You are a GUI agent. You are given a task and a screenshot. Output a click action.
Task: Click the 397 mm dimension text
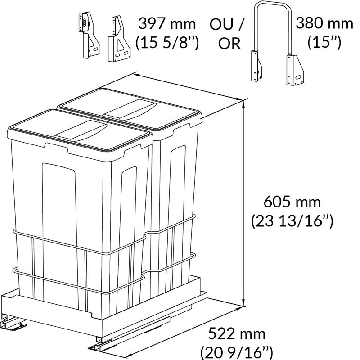pos(167,24)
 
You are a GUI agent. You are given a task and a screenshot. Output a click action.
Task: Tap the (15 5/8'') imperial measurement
pos(167,43)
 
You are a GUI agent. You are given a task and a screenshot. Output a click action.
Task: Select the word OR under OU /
pos(229,43)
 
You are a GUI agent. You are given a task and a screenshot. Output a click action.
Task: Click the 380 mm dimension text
pos(324,23)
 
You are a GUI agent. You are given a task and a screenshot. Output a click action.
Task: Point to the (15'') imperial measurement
pos(324,42)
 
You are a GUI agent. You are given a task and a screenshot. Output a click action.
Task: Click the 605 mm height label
pos(292,202)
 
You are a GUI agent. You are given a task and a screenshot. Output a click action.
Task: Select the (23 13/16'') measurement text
pos(292,221)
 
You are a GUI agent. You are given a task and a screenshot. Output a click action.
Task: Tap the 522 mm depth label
pos(237,334)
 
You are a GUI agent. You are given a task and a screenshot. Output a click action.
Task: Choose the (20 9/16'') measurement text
pos(237,353)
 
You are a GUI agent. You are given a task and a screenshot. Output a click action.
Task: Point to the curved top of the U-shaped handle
pos(273,3)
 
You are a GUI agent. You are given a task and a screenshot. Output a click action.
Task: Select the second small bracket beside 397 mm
pos(119,39)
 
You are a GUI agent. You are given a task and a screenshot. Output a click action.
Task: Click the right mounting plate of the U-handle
pos(295,70)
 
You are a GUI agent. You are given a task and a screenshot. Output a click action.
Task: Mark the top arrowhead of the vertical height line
pos(243,103)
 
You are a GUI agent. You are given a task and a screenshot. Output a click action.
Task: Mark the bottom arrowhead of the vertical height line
pos(243,303)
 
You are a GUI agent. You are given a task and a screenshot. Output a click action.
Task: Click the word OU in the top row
pos(221,24)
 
